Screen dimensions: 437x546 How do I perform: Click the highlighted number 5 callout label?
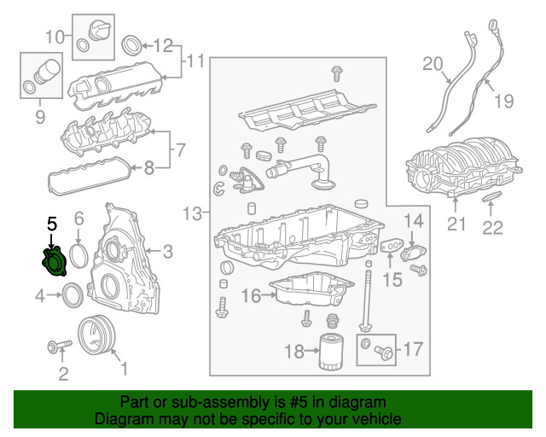tap(51, 224)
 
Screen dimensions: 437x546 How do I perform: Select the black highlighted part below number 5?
tap(54, 260)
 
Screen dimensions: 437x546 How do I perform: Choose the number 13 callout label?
tap(193, 212)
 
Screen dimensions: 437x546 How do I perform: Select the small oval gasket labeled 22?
tap(491, 199)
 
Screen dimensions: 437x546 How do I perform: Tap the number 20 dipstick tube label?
tap(433, 63)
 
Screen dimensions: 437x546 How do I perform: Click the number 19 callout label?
tap(503, 102)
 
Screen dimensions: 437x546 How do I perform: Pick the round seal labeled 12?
tap(133, 44)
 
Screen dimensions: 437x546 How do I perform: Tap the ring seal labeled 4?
tap(74, 295)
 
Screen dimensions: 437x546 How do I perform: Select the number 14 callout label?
tap(413, 222)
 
